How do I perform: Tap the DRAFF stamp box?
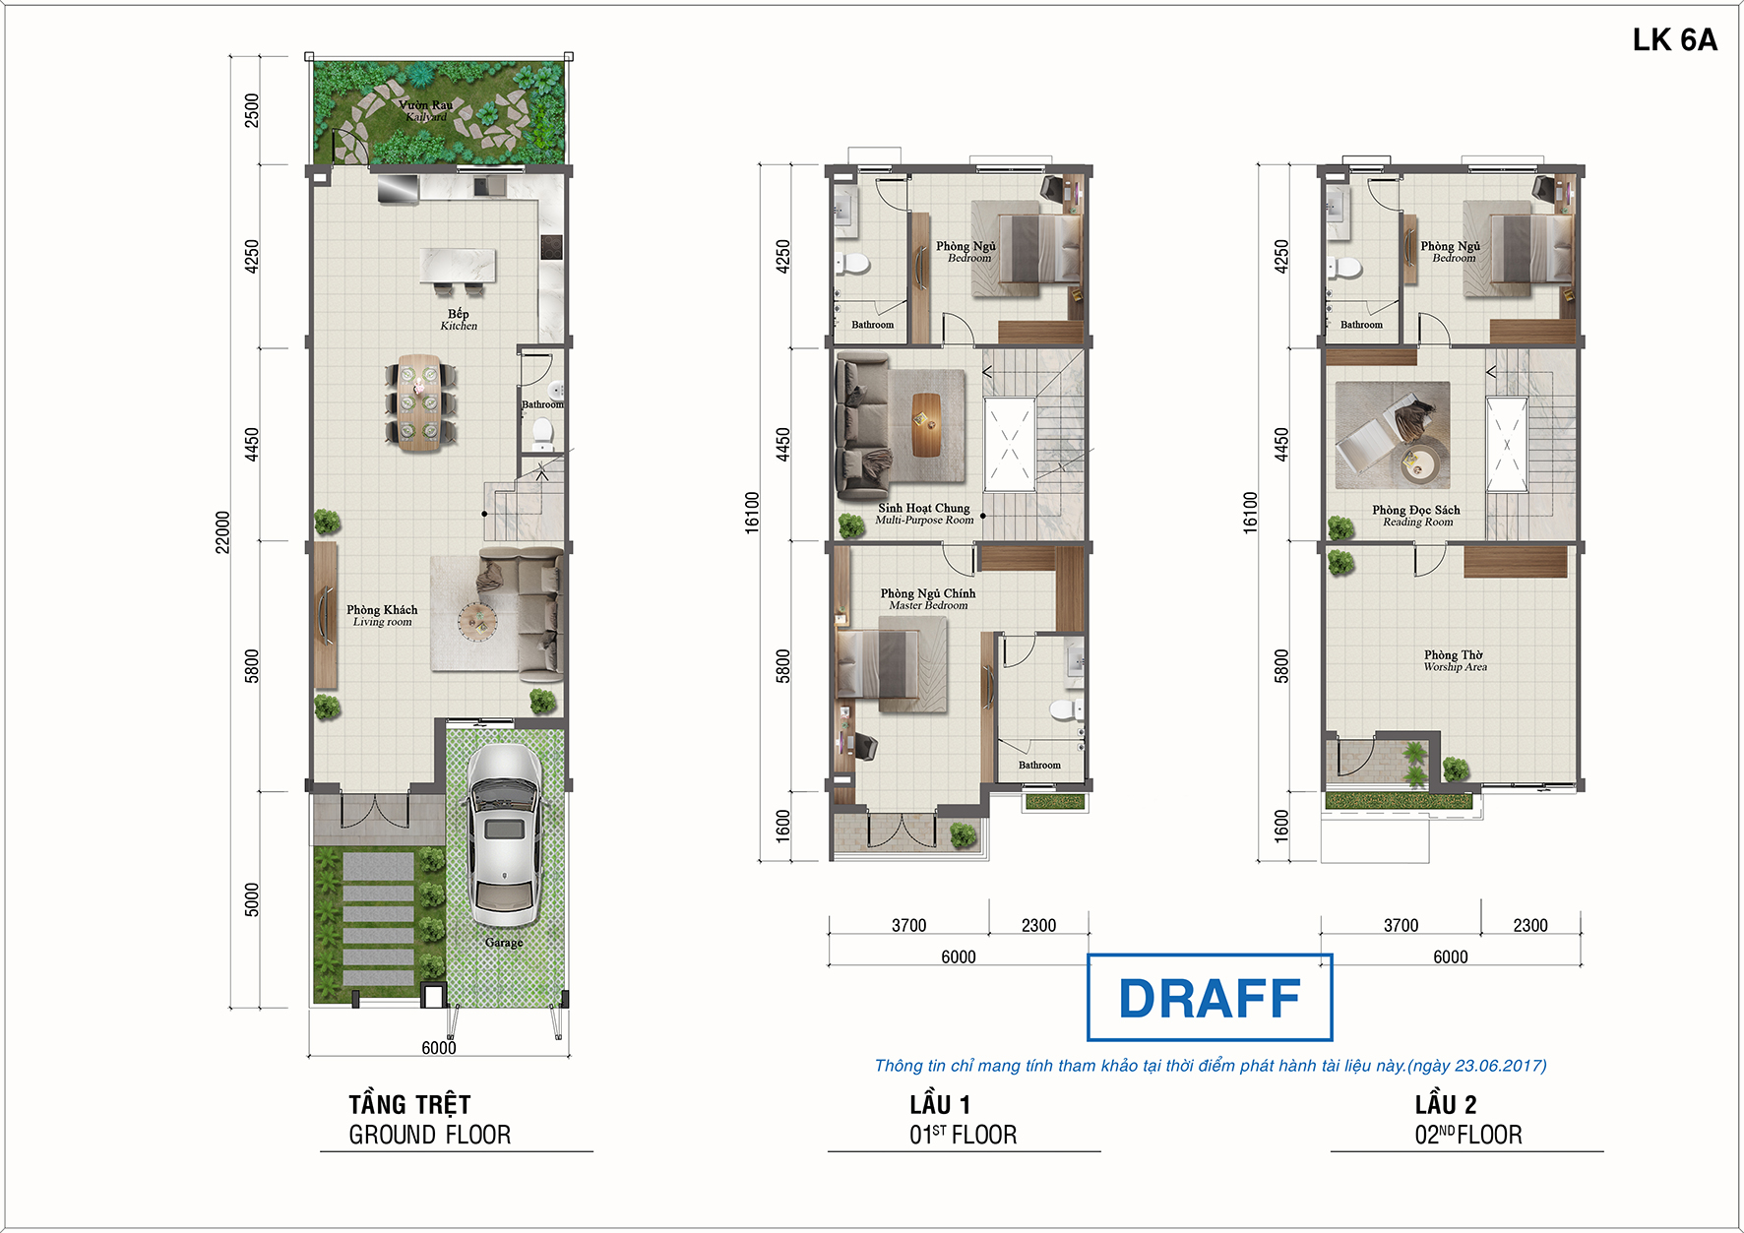tap(1210, 997)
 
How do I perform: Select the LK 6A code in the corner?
tap(1674, 39)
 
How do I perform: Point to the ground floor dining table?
tap(420, 402)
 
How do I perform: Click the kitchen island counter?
tap(459, 266)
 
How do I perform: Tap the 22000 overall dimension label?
tap(223, 531)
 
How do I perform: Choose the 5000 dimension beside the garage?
tap(252, 899)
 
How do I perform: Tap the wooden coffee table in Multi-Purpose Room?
tap(926, 425)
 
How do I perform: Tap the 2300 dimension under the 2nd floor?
tap(1530, 925)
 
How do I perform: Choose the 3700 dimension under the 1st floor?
tap(909, 925)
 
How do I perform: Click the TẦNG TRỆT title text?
tap(409, 1104)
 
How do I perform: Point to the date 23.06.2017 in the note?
tap(1499, 1066)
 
